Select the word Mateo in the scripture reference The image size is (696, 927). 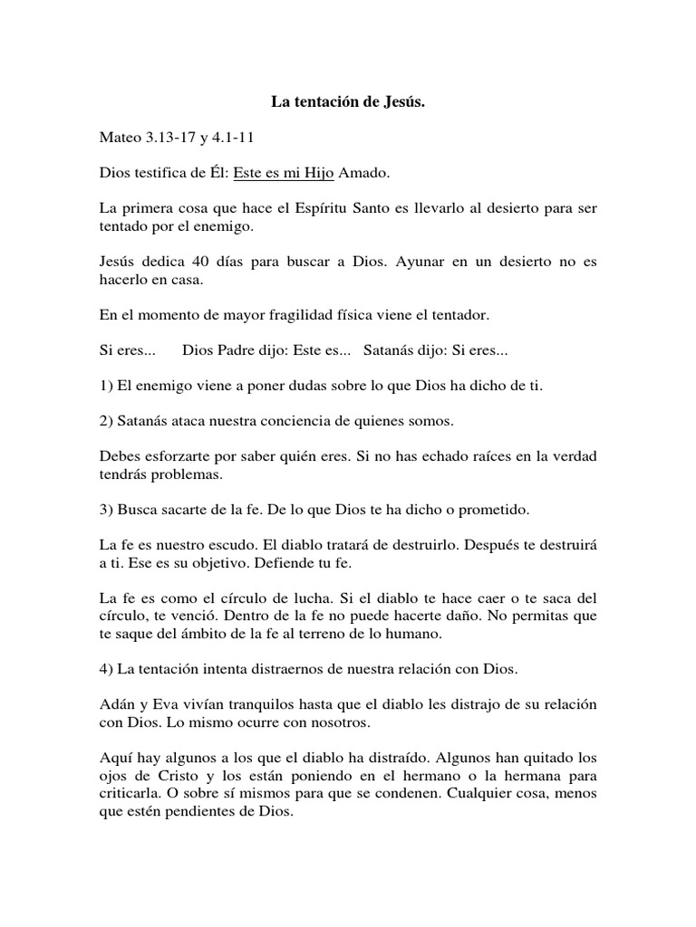click(121, 138)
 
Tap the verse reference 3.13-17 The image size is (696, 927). click(176, 138)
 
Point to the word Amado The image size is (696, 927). click(366, 173)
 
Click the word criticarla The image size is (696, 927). click(132, 794)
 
